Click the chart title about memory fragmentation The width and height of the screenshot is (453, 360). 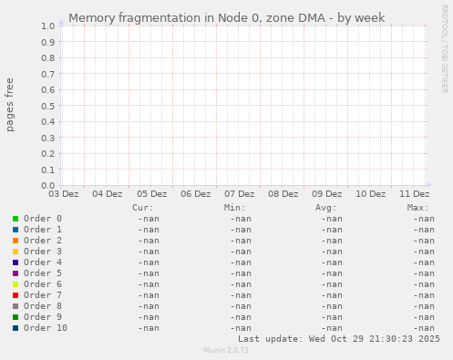click(226, 17)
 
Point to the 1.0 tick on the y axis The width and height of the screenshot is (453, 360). click(48, 26)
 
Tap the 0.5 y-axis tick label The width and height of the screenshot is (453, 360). click(48, 106)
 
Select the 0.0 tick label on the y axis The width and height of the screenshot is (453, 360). click(48, 185)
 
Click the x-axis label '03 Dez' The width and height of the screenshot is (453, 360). click(63, 194)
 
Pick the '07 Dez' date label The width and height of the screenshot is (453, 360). click(239, 194)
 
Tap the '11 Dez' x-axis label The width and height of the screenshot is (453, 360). click(415, 194)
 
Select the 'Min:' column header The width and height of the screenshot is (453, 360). click(234, 208)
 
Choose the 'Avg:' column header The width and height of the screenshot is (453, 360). click(325, 208)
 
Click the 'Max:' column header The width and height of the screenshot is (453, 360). click(417, 208)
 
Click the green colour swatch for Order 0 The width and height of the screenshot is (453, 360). click(15, 219)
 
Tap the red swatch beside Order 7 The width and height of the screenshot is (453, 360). click(15, 295)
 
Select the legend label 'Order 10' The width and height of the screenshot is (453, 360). click(46, 328)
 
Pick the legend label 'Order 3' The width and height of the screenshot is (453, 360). click(43, 252)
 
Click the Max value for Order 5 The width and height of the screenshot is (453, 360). click(423, 273)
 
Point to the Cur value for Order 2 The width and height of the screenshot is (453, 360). click(149, 241)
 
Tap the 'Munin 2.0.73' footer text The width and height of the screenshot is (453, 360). click(226, 350)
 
